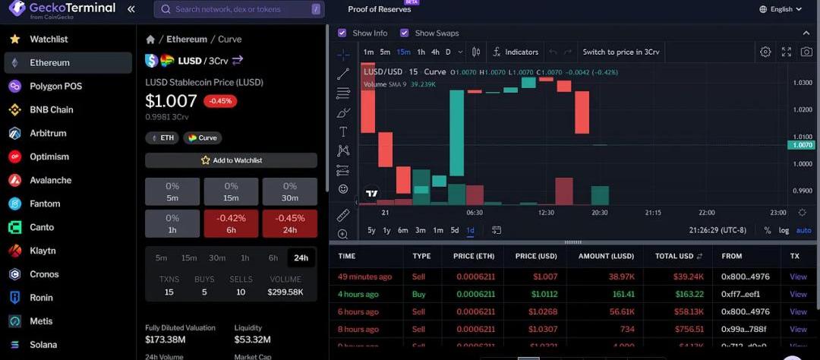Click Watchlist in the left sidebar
click(x=49, y=39)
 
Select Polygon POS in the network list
click(x=55, y=86)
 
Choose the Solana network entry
click(x=43, y=345)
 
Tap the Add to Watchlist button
click(x=231, y=160)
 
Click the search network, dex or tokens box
click(x=238, y=9)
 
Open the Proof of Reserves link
click(x=379, y=9)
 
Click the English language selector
click(x=781, y=9)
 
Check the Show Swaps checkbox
click(x=405, y=33)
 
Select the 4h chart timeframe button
click(x=435, y=52)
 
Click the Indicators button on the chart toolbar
click(x=516, y=52)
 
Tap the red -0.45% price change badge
click(x=220, y=101)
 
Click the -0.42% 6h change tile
click(x=231, y=223)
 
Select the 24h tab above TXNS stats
click(x=301, y=257)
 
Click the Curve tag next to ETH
click(x=202, y=138)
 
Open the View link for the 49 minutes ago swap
click(x=798, y=276)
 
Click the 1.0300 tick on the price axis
click(x=802, y=82)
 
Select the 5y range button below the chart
click(x=371, y=230)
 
